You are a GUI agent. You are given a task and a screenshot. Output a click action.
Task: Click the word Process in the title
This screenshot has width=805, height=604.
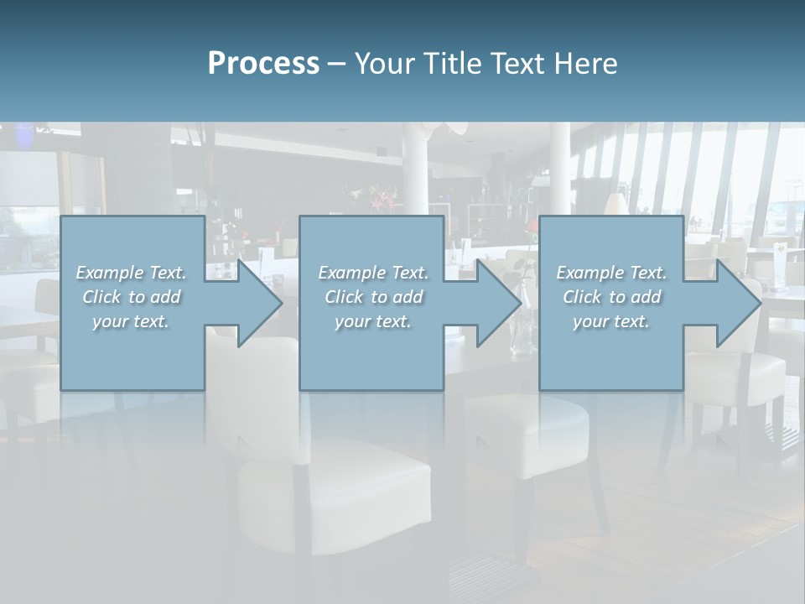263,64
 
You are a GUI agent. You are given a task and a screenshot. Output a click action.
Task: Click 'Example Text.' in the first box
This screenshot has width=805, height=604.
131,273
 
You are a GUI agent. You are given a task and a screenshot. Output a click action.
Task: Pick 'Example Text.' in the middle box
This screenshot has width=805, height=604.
373,273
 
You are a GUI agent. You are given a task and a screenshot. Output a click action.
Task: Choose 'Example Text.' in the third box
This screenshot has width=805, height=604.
611,273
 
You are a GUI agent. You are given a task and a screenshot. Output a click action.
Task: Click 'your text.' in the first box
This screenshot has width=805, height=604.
131,321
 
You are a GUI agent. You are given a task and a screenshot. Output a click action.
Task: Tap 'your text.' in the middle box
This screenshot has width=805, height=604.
373,321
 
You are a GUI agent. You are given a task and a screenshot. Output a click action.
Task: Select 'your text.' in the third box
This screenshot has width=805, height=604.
611,321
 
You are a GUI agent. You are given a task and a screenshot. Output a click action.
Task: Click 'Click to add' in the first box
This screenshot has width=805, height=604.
131,297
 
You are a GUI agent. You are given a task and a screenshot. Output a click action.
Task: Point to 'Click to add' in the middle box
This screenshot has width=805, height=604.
373,297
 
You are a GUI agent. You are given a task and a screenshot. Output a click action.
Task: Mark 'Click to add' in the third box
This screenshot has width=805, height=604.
611,297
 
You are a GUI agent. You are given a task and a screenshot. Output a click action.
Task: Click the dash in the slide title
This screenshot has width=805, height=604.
337,65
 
